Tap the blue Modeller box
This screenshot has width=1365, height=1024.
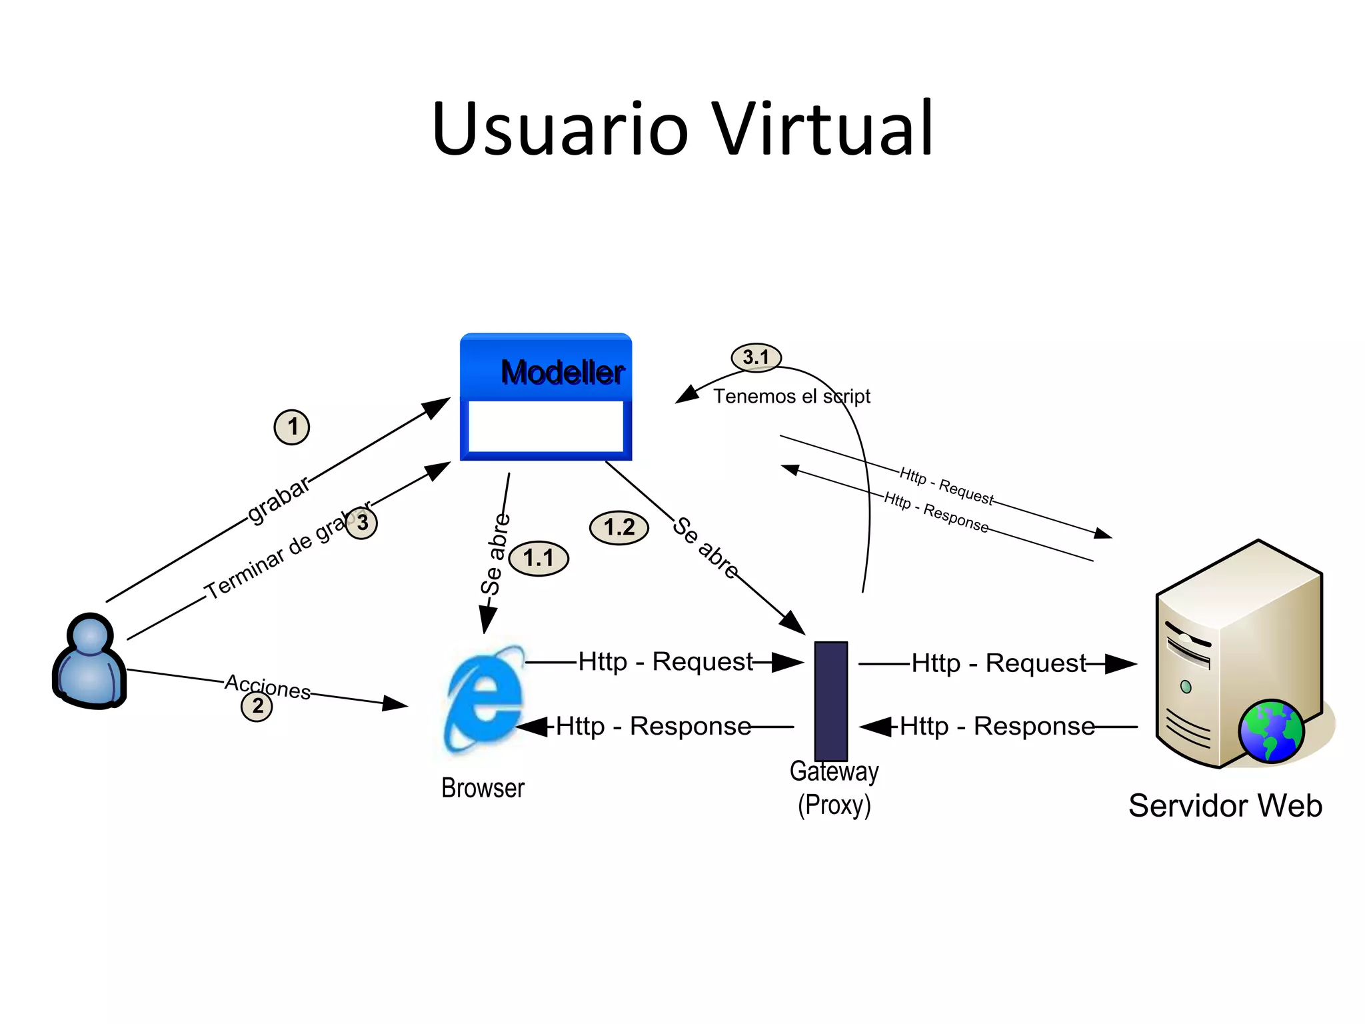point(546,397)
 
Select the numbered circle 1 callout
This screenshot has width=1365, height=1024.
point(292,427)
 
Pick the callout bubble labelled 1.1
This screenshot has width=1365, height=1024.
point(539,558)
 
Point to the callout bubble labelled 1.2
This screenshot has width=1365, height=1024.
point(619,528)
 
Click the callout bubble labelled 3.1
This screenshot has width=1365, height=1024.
point(756,357)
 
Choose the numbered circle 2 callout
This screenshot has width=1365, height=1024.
point(257,706)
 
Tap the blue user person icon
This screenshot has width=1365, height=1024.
point(89,661)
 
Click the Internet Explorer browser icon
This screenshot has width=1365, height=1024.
point(485,700)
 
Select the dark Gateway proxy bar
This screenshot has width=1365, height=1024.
point(831,700)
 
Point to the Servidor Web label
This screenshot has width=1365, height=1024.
point(1225,805)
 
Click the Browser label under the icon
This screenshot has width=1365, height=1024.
point(483,788)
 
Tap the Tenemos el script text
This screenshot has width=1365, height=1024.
point(792,397)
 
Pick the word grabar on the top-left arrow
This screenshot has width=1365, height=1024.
point(279,499)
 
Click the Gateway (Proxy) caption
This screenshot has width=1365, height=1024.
point(834,788)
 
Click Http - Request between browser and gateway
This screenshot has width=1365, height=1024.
point(665,662)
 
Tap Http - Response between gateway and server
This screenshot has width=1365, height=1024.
point(997,726)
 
